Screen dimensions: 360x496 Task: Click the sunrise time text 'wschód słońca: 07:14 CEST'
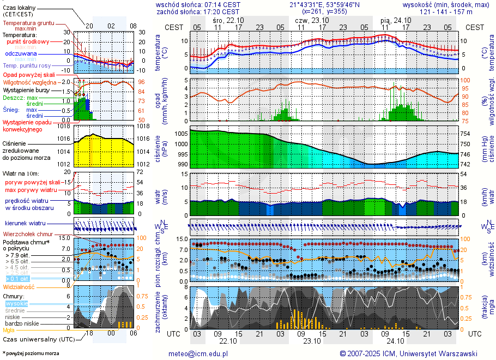(x=197, y=4)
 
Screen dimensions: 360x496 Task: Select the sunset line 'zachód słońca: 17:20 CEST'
(x=197, y=11)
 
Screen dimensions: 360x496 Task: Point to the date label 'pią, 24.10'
(x=396, y=20)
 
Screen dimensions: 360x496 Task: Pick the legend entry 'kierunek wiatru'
(x=25, y=224)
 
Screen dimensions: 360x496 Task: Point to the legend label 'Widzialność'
(x=19, y=286)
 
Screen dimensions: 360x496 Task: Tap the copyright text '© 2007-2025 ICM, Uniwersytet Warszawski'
(x=408, y=353)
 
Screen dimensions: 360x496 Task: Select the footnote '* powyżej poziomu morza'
(x=31, y=353)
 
